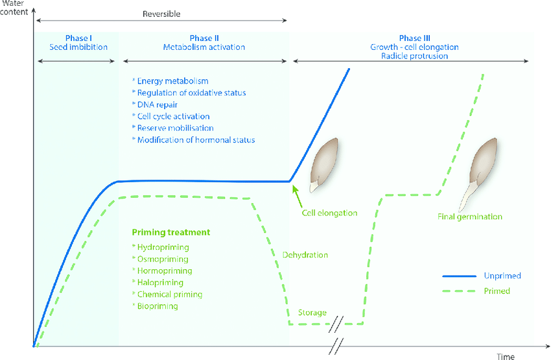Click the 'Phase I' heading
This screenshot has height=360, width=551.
pos(78,38)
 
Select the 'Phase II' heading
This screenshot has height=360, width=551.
pos(204,38)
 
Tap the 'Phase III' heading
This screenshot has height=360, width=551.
pos(414,38)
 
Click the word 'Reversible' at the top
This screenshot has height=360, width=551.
pos(162,14)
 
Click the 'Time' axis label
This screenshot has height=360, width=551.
pos(506,356)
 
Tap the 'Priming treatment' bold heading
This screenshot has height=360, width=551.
pos(171,232)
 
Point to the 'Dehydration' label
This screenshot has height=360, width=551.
pos(305,255)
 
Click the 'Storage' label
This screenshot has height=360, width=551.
pos(312,313)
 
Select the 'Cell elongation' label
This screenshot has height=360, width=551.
pos(330,213)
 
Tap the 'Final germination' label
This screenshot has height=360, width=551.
pos(469,217)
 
